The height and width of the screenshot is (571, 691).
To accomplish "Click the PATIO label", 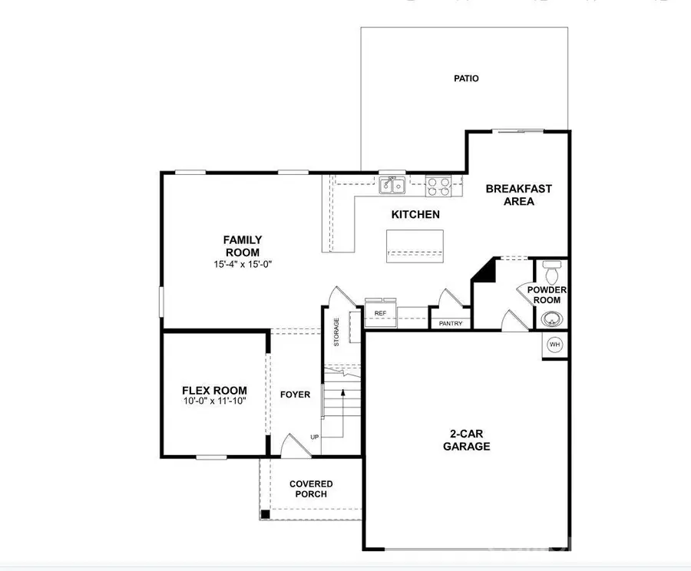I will point(466,78).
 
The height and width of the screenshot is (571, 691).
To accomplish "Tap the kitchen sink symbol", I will point(392,185).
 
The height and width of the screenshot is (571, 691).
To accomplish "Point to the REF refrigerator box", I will point(380,313).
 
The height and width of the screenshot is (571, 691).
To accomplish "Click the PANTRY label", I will point(451,323).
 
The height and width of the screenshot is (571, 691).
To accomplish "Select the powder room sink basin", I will point(550,319).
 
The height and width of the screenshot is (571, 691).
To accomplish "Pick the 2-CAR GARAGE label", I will point(465,440).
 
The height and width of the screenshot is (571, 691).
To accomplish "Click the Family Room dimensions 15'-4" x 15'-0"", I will point(243,265).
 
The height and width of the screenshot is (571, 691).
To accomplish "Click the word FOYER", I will point(295,394).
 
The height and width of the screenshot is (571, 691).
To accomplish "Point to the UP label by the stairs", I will point(314,437).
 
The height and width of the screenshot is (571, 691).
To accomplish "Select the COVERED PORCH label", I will point(311,489).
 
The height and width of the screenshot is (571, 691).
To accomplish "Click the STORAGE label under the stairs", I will point(336,332).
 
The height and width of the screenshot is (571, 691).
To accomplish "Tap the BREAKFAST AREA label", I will point(518,195).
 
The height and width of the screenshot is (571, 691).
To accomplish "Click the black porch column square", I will point(265,514).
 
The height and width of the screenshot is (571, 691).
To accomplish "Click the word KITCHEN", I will point(415,214).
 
